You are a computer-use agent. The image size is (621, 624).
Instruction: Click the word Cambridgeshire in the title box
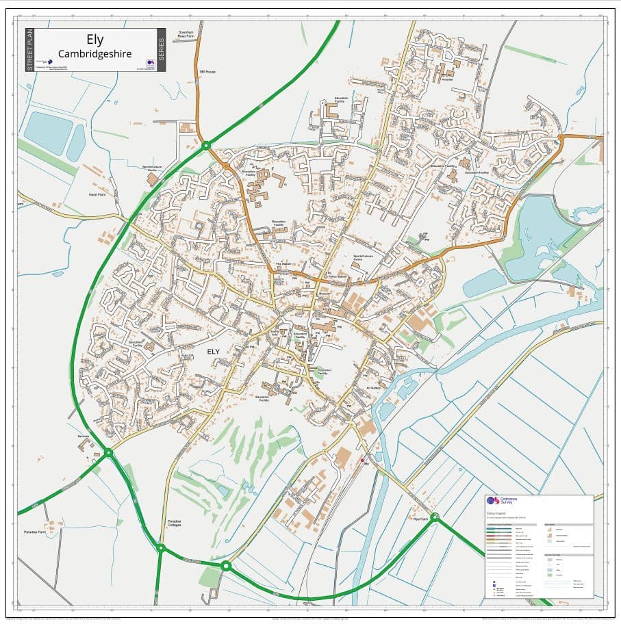click(x=94, y=53)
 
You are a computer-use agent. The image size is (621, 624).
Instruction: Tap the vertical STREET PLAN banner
click(x=29, y=50)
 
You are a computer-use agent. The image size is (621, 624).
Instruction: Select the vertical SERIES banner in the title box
click(x=162, y=50)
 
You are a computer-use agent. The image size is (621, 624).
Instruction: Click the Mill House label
click(x=207, y=71)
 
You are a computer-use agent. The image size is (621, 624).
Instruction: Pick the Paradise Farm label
click(x=34, y=532)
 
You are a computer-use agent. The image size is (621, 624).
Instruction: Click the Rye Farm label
click(x=420, y=519)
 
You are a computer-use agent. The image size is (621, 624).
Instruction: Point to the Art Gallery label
click(x=373, y=388)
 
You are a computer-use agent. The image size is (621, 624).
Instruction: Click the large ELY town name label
click(x=214, y=351)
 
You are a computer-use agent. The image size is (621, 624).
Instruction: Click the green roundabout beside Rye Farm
click(x=435, y=517)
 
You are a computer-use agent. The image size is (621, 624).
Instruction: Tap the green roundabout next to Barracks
click(x=108, y=452)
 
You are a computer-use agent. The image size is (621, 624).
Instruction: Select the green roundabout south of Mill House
click(x=205, y=145)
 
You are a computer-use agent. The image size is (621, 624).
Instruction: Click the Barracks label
click(x=84, y=436)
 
